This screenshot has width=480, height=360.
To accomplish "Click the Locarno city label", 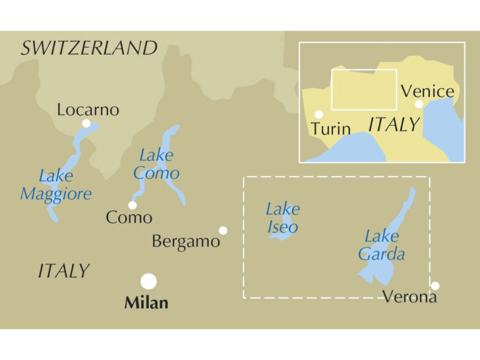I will (88, 109).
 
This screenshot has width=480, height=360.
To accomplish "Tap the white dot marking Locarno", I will (86, 123).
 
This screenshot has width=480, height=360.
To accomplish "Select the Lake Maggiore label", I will (55, 185).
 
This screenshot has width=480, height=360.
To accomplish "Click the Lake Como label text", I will (156, 165).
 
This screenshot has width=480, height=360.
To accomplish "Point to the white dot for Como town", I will (133, 205).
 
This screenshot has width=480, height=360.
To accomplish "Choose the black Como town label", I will (129, 218).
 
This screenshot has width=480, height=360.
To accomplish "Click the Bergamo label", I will (185, 241).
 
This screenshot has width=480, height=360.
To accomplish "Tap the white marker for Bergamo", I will (223, 230).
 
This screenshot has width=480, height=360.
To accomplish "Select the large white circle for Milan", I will (149, 282).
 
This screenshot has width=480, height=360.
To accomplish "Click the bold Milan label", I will (146, 303).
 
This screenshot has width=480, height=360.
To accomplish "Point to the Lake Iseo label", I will (282, 218).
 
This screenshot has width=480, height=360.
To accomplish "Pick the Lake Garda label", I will (382, 245).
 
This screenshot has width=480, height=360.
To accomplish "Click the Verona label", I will (410, 297).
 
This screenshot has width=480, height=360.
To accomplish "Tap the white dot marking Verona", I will (435, 285).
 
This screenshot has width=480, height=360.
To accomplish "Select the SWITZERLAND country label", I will (89, 48).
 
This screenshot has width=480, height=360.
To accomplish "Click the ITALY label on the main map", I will (63, 271).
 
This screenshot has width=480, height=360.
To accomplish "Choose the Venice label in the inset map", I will (427, 91).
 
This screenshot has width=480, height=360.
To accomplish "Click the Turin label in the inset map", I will (330, 128).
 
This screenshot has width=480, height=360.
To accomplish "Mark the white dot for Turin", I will (319, 114).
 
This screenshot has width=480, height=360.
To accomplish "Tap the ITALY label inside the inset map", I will (394, 124).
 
